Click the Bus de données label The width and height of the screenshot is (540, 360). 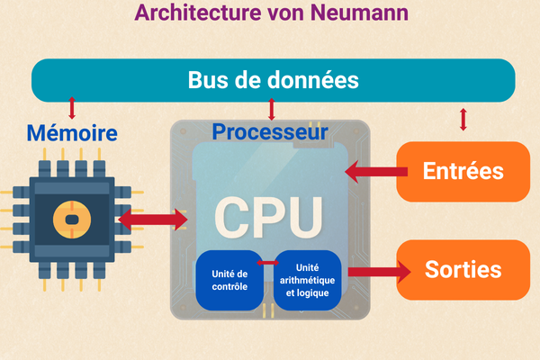[x=273, y=79]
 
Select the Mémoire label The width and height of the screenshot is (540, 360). [x=72, y=134]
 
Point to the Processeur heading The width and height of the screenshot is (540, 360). [x=269, y=132]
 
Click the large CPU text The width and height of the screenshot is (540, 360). [x=267, y=215]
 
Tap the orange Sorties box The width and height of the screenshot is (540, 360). [x=463, y=269]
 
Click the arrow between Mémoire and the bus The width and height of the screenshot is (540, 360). [x=72, y=109]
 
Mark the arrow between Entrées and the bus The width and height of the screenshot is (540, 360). [x=463, y=119]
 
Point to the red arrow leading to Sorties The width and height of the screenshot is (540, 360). [x=374, y=271]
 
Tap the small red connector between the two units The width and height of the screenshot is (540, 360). [x=267, y=263]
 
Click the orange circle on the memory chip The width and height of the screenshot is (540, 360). [x=67, y=217]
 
